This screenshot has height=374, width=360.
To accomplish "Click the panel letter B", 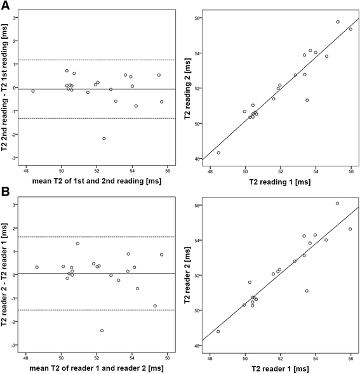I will (x=6, y=192).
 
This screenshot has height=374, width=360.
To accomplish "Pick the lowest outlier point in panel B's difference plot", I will (x=102, y=330).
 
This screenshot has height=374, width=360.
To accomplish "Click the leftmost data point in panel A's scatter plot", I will (x=218, y=152).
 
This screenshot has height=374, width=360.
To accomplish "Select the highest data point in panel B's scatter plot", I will (x=337, y=203).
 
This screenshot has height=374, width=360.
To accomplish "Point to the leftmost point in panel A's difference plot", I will (x=33, y=91).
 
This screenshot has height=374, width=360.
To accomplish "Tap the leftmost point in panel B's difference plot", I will (x=37, y=267).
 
